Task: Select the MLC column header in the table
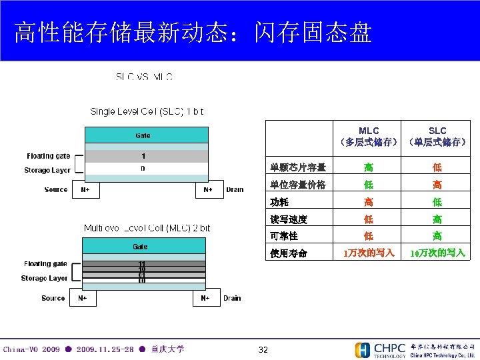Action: pyautogui.click(x=369, y=136)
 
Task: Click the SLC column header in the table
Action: pyautogui.click(x=437, y=136)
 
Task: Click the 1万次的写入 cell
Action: pyautogui.click(x=369, y=253)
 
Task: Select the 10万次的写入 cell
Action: pyautogui.click(x=437, y=253)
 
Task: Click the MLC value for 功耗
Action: pyautogui.click(x=369, y=202)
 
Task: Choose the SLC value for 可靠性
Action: pyautogui.click(x=437, y=236)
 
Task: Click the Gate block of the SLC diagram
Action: pyautogui.click(x=143, y=135)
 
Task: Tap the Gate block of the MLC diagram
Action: pyautogui.click(x=140, y=247)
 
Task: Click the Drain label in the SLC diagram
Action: pyautogui.click(x=235, y=190)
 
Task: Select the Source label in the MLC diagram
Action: pyautogui.click(x=53, y=298)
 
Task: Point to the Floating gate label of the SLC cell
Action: pyautogui.click(x=49, y=156)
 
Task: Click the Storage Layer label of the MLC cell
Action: pyautogui.click(x=44, y=278)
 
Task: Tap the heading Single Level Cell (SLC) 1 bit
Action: pyautogui.click(x=147, y=111)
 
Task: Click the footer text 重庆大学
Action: pyautogui.click(x=167, y=349)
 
